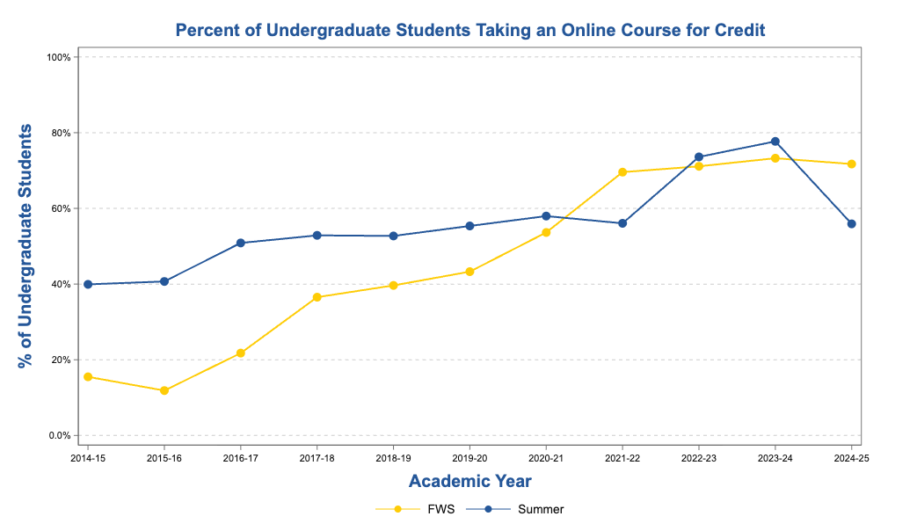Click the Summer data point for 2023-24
click(x=775, y=142)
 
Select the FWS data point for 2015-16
click(x=164, y=390)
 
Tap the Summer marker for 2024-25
click(x=851, y=224)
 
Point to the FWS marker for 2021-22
click(x=622, y=172)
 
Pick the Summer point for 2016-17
click(x=240, y=243)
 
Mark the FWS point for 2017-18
click(x=317, y=297)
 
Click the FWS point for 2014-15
click(x=88, y=377)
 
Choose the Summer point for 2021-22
click(x=622, y=223)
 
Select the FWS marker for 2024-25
click(x=851, y=164)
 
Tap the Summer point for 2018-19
click(x=393, y=236)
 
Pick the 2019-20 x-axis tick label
click(x=469, y=458)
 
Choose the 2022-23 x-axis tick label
click(x=698, y=458)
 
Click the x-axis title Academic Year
click(x=469, y=481)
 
